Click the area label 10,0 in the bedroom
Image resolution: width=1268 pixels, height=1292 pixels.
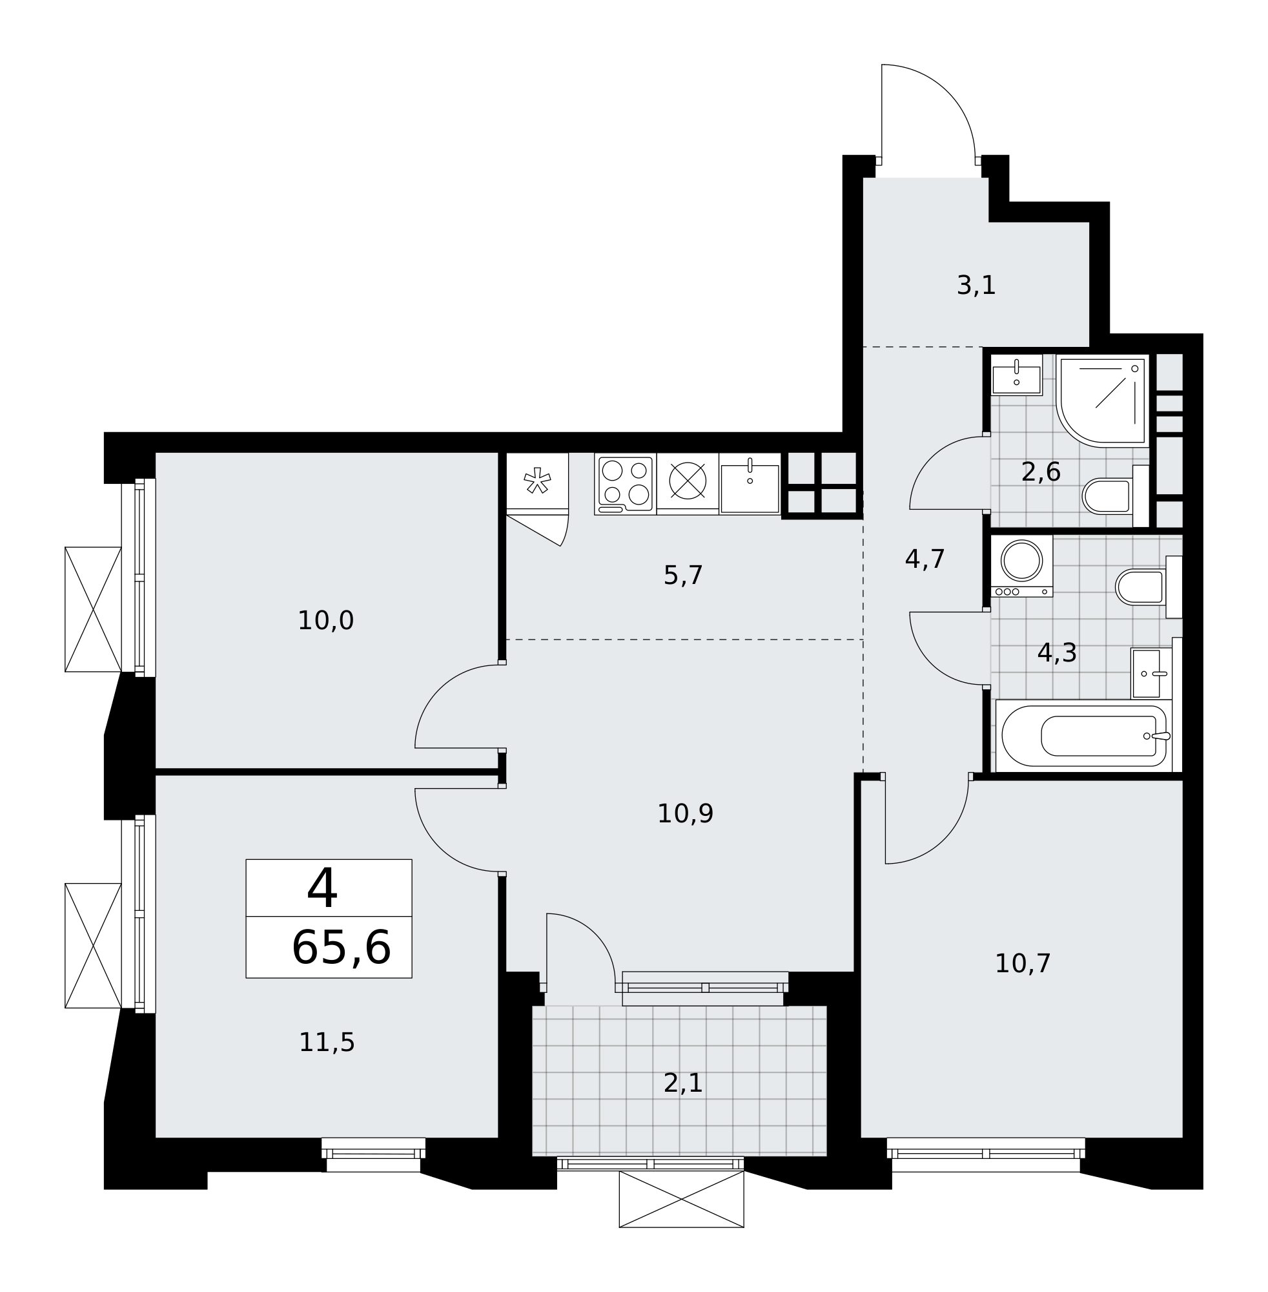pyautogui.click(x=325, y=621)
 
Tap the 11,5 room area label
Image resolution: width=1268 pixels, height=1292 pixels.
pyautogui.click(x=326, y=1043)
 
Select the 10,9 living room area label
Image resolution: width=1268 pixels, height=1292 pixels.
pyautogui.click(x=685, y=814)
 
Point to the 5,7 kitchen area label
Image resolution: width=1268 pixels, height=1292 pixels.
pyautogui.click(x=683, y=576)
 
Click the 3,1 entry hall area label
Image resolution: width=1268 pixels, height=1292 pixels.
pyautogui.click(x=976, y=286)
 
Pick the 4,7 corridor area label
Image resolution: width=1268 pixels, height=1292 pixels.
pyautogui.click(x=925, y=559)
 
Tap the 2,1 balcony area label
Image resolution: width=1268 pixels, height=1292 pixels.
pyautogui.click(x=683, y=1083)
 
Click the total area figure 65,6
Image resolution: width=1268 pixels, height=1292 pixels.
pyautogui.click(x=341, y=948)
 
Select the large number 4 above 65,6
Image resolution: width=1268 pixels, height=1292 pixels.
pyautogui.click(x=322, y=888)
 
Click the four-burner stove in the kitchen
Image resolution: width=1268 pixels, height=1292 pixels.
pyautogui.click(x=626, y=484)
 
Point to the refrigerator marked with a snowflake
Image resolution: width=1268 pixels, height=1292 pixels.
pyautogui.click(x=537, y=481)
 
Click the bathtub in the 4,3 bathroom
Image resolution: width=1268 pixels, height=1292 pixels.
pyautogui.click(x=1084, y=736)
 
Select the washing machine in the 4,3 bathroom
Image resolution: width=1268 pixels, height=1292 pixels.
pyautogui.click(x=1021, y=566)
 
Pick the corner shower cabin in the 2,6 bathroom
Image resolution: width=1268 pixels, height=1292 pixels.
pyautogui.click(x=1103, y=401)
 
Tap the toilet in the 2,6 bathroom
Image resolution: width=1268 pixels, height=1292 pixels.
pyautogui.click(x=1116, y=495)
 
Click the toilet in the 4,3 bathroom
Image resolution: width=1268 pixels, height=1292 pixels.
pyautogui.click(x=1149, y=587)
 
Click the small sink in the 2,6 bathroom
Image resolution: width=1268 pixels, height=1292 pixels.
pyautogui.click(x=1016, y=375)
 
